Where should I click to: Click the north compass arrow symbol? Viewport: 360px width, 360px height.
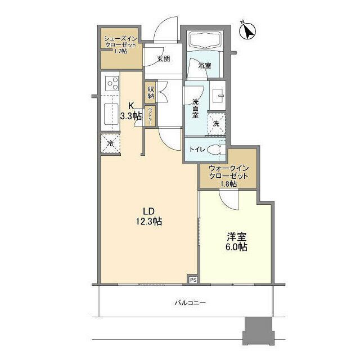(x=247, y=31)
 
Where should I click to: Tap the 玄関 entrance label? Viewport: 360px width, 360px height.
(x=163, y=58)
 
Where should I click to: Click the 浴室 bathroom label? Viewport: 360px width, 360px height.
(x=205, y=65)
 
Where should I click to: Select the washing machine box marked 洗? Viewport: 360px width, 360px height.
(x=215, y=124)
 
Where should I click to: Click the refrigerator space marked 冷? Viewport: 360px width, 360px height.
(x=111, y=143)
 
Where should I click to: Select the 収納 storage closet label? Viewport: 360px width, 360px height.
(x=151, y=93)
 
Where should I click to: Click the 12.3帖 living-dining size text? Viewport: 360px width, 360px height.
(x=148, y=222)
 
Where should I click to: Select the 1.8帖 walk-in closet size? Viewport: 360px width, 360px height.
(x=228, y=184)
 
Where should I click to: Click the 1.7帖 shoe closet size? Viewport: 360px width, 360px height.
(x=120, y=51)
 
